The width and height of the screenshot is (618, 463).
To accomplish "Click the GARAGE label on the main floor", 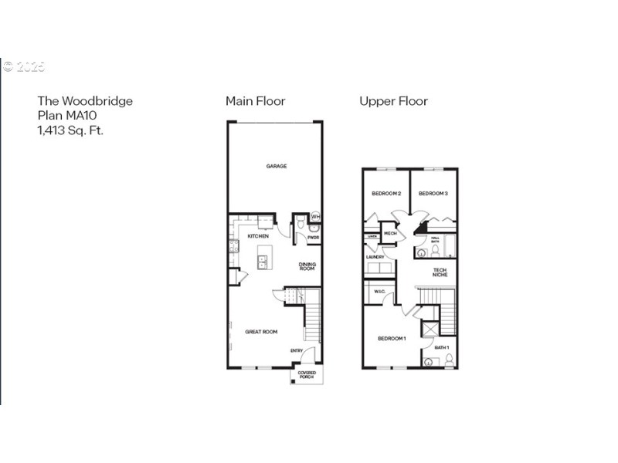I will (x=277, y=166).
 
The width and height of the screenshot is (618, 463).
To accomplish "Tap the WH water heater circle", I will (x=315, y=218).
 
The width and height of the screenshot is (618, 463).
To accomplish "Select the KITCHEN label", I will (x=258, y=236).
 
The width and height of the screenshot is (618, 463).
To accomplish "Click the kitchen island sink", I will (x=263, y=261).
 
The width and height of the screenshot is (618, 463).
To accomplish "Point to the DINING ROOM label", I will (x=307, y=267).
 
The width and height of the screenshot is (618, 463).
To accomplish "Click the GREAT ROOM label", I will (x=261, y=332).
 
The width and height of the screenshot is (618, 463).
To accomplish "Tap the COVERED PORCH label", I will (x=307, y=376).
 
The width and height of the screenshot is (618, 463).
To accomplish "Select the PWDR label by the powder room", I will (x=313, y=238).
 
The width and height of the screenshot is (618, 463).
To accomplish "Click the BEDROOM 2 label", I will (x=385, y=194).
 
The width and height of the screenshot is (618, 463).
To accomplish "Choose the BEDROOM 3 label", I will (x=433, y=194).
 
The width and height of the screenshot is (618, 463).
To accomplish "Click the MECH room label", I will (x=390, y=232).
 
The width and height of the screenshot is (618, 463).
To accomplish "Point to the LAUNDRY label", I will (x=375, y=256).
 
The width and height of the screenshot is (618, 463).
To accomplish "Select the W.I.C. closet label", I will (x=379, y=292).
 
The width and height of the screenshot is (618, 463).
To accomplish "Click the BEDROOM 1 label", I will (x=392, y=339).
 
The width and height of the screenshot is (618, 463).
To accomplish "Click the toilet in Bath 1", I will (x=449, y=359).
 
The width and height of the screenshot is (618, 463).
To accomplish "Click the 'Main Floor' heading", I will (x=255, y=101).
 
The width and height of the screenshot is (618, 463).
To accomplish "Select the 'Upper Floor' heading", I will (x=393, y=101).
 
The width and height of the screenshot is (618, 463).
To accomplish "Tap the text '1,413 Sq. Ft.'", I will (x=70, y=130).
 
